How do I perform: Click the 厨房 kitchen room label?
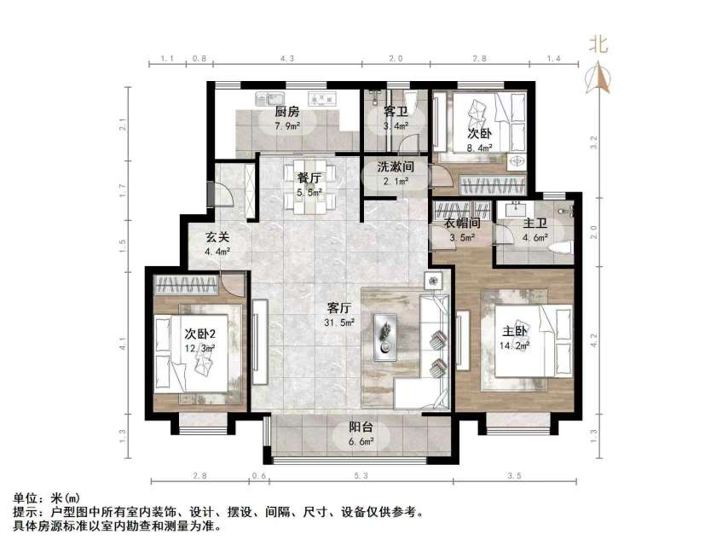click(286, 112)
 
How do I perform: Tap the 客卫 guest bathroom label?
click(395, 112)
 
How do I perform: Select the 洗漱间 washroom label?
click(395, 167)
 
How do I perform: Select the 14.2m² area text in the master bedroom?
click(515, 346)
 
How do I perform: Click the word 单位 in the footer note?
click(26, 497)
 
